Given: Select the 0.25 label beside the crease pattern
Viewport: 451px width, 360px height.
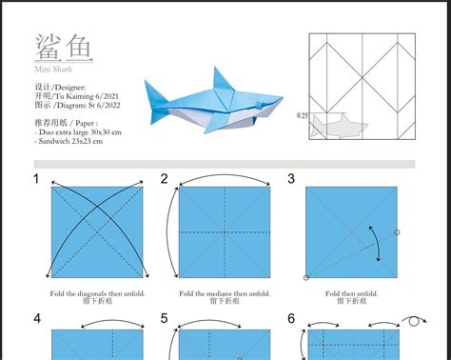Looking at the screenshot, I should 303,116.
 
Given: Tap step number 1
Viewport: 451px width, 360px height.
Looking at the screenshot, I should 36,178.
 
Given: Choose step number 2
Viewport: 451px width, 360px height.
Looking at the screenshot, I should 164,178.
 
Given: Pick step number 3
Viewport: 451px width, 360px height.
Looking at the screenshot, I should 291,178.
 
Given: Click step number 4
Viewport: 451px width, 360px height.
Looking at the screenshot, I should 36,318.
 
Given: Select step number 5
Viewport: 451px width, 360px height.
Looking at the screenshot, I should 164,318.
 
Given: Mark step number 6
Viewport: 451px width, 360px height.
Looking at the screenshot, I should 291,318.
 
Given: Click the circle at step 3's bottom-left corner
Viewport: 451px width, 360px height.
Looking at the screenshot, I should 306,277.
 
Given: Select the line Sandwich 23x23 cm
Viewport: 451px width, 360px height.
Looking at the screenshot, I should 66,140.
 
